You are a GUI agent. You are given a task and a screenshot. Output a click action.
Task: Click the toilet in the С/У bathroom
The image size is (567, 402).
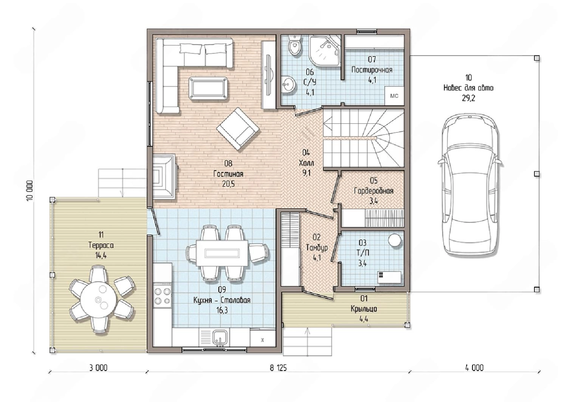coord(294,46)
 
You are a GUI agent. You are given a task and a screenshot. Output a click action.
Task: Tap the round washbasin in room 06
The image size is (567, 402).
coord(288,84)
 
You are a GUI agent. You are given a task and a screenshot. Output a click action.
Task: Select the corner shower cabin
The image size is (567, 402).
coord(325,51)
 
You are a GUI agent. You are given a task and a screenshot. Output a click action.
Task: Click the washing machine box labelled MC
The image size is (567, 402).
coord(394,96)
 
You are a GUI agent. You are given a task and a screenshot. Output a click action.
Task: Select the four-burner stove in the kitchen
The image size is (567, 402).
coord(162,296)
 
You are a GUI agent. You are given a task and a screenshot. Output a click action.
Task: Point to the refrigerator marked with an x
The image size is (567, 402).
coord(262,338)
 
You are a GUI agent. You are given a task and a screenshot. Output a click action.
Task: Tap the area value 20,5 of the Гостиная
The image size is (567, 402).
coord(228,184)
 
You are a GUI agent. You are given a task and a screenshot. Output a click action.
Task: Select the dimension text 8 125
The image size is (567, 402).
coord(278,368)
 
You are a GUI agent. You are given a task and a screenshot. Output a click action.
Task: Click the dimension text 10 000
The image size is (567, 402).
coord(30,191)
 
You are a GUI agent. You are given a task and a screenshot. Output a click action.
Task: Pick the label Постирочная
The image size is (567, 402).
coord(372,70)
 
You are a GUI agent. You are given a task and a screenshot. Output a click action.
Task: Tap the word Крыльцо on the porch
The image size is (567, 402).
coord(364,309)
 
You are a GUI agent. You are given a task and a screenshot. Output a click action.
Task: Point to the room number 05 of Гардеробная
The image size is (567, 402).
coord(373,180)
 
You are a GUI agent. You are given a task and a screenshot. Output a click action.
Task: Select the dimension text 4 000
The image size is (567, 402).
coord(474,368)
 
